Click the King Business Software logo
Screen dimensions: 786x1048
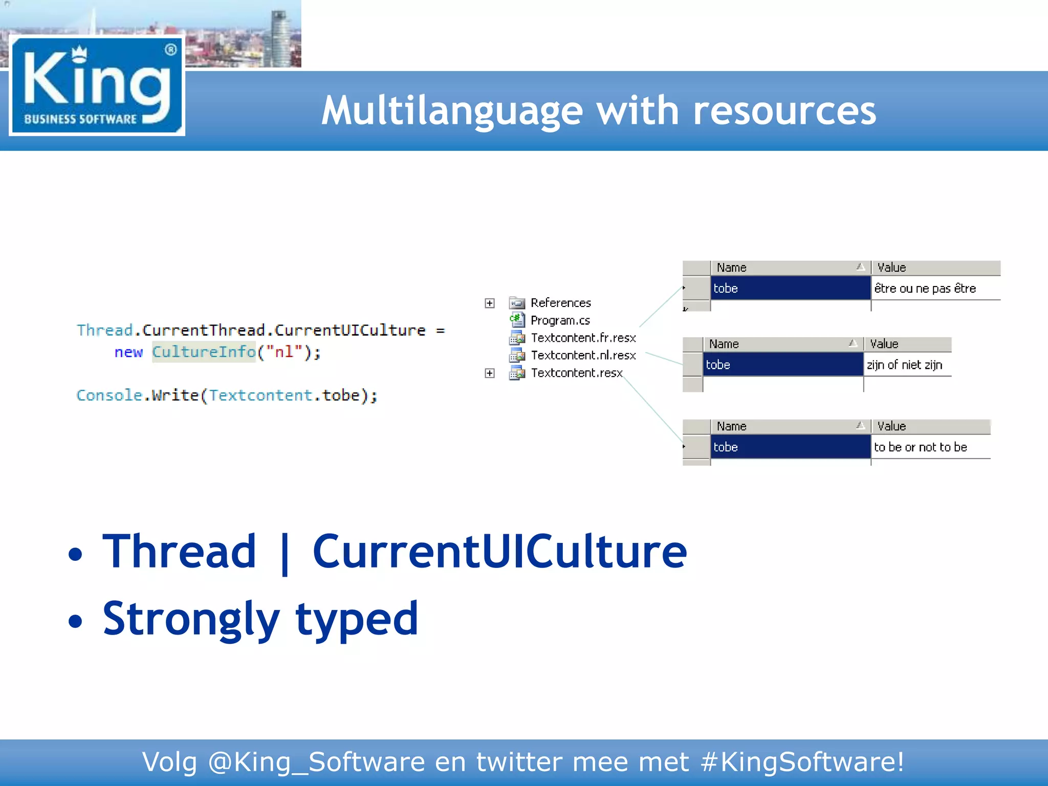pyautogui.click(x=97, y=86)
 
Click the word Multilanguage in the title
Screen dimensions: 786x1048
pyautogui.click(x=452, y=111)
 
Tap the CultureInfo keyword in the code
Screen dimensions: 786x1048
pyautogui.click(x=204, y=352)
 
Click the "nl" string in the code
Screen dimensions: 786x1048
pyautogui.click(x=285, y=352)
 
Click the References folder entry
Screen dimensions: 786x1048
pyautogui.click(x=560, y=303)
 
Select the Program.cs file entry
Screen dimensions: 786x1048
pyautogui.click(x=560, y=320)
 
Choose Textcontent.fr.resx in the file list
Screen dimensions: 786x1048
pyautogui.click(x=583, y=338)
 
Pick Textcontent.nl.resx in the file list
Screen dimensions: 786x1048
pyautogui.click(x=583, y=355)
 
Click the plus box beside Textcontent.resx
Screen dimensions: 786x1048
pyautogui.click(x=490, y=373)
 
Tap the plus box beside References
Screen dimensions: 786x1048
pyautogui.click(x=490, y=303)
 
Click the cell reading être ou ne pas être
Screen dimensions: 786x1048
pyautogui.click(x=925, y=289)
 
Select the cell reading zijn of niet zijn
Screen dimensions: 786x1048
pyautogui.click(x=904, y=365)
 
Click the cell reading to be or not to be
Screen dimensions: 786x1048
pyautogui.click(x=920, y=447)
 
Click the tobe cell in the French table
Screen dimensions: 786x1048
pyautogui.click(x=790, y=289)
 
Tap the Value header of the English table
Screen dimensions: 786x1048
pyautogui.click(x=891, y=426)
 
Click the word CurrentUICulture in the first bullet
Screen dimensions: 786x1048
pyautogui.click(x=499, y=552)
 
